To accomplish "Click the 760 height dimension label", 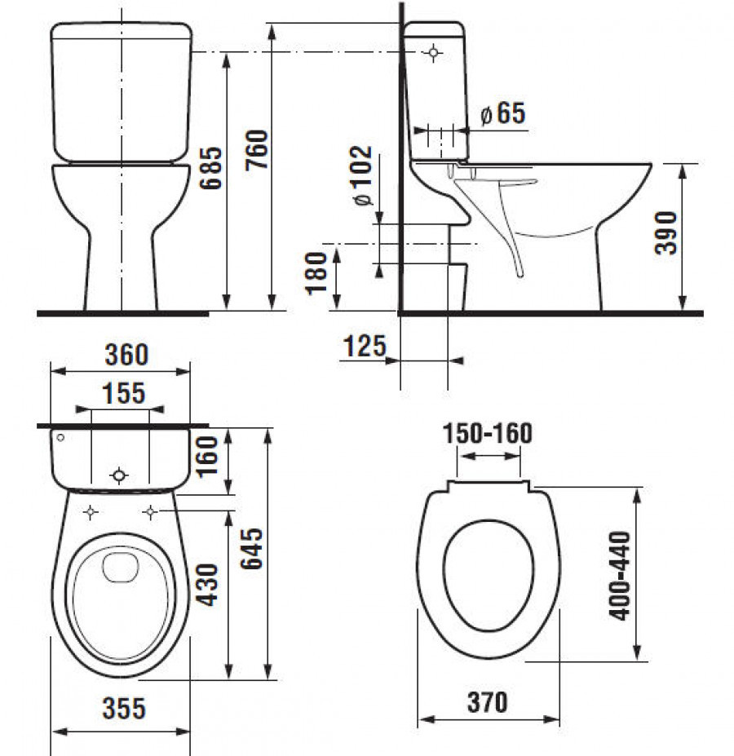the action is click(256, 149).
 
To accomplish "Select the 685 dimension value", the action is click(211, 168).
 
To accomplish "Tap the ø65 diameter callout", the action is click(503, 113).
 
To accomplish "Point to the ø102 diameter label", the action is click(362, 175).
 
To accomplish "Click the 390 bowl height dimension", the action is click(665, 232).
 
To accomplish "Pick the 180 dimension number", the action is click(316, 273).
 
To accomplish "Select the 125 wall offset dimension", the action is click(365, 346).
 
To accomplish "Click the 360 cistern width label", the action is click(126, 355).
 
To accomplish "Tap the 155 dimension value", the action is click(123, 393).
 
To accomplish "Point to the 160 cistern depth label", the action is click(206, 457).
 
